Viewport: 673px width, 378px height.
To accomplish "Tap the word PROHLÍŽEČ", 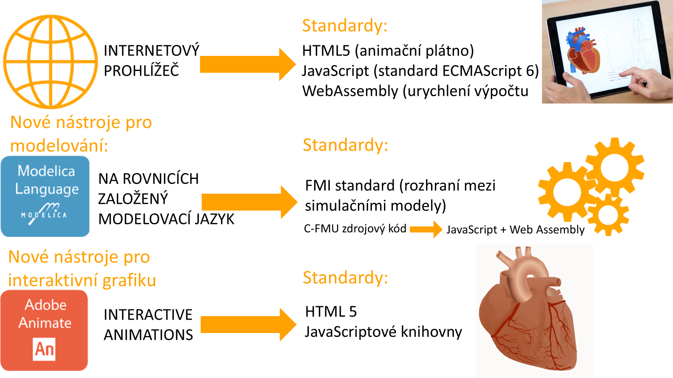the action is pyautogui.click(x=141, y=71).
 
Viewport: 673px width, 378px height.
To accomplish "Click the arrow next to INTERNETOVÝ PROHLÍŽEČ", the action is pyautogui.click(x=248, y=64).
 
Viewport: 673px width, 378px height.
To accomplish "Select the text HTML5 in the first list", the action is pyautogui.click(x=326, y=51).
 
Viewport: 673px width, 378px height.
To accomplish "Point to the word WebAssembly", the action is pyautogui.click(x=350, y=91).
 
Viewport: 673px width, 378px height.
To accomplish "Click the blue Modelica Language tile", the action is pyautogui.click(x=45, y=196).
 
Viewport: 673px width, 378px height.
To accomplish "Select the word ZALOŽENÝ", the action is pyautogui.click(x=133, y=199).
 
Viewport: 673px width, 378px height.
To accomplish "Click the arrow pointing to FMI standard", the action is pyautogui.click(x=249, y=202).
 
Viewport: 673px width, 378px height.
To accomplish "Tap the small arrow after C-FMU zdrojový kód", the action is pyautogui.click(x=426, y=229).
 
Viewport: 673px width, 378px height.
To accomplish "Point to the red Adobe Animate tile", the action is pyautogui.click(x=44, y=330).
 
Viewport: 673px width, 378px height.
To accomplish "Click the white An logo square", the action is pyautogui.click(x=44, y=349).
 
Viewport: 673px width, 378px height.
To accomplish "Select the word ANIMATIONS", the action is pyautogui.click(x=148, y=335).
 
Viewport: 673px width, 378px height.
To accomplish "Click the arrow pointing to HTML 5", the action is pyautogui.click(x=249, y=325).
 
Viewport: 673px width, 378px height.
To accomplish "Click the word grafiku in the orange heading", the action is pyautogui.click(x=129, y=281).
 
